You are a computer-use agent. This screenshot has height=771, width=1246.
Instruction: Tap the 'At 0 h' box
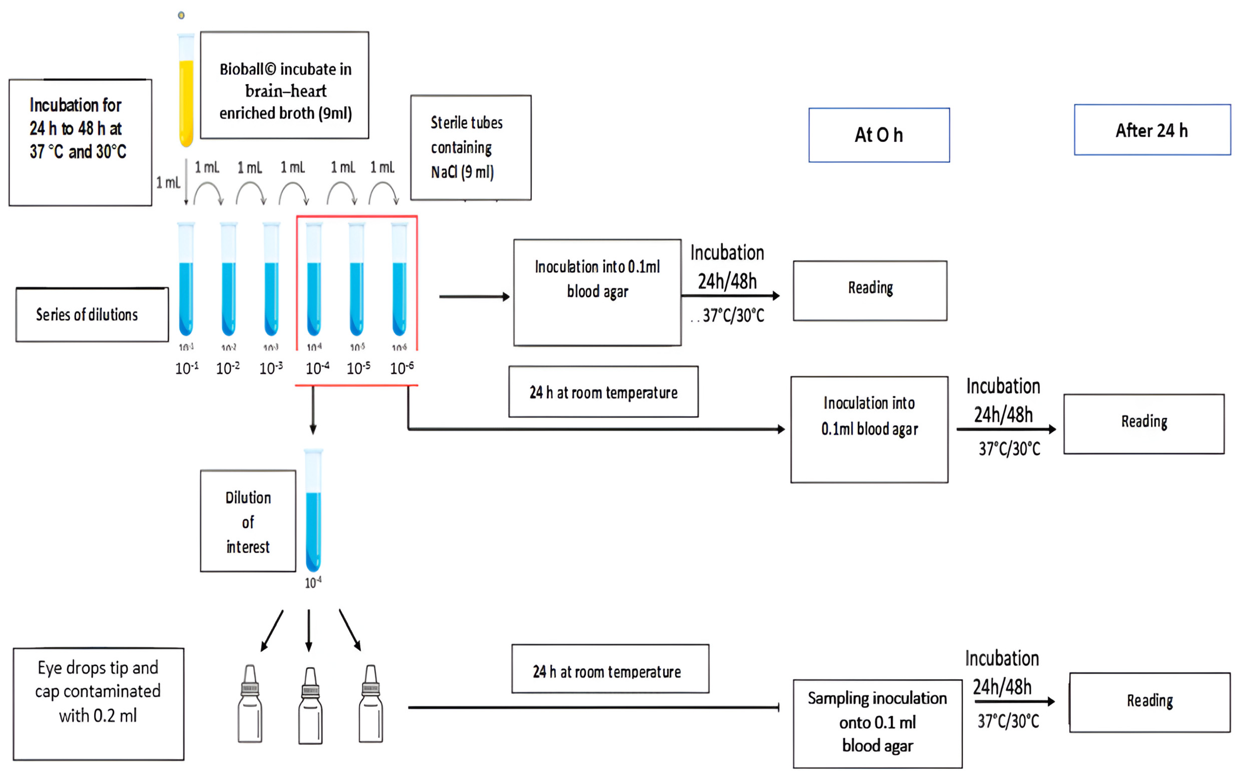878,135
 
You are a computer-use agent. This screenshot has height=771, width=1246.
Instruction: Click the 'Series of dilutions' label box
92,315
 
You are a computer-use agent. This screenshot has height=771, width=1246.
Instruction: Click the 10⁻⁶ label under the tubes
401,368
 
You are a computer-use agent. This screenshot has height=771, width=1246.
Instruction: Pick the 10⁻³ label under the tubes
270,368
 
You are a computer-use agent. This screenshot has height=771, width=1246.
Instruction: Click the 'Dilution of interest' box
248,521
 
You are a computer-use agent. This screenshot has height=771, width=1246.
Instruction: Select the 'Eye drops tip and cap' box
98,704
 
